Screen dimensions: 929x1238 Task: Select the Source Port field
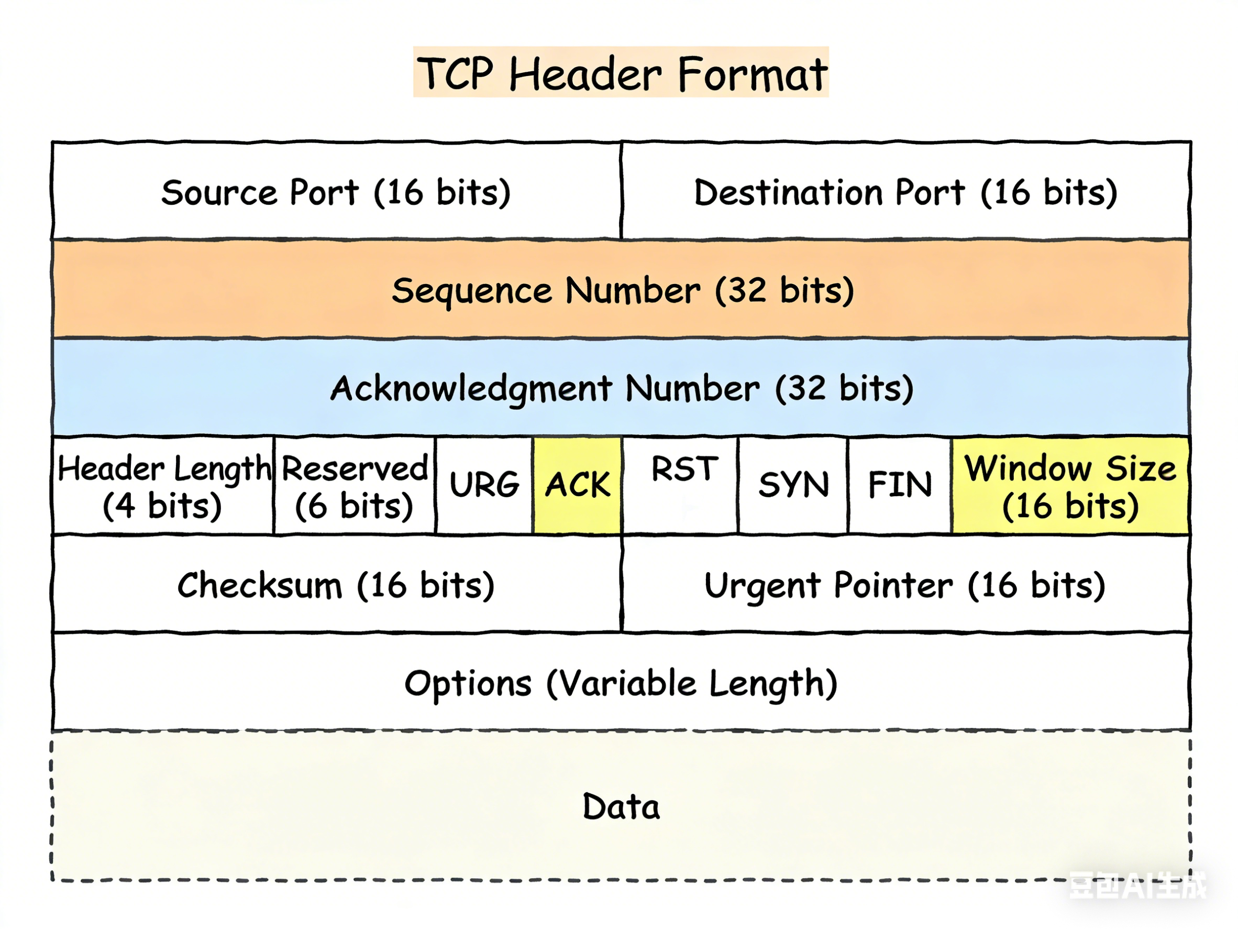336,192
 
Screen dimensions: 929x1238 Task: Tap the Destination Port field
905,192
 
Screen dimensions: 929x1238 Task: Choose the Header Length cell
163,486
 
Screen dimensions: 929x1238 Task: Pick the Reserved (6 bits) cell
354,486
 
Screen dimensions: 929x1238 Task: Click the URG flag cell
484,485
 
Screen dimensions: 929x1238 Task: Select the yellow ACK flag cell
578,485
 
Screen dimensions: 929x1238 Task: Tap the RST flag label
684,469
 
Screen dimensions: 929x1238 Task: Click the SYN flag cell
793,485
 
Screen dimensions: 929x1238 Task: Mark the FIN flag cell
899,485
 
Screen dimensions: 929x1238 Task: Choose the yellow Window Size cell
1069,486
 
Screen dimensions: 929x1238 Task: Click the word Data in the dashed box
621,807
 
